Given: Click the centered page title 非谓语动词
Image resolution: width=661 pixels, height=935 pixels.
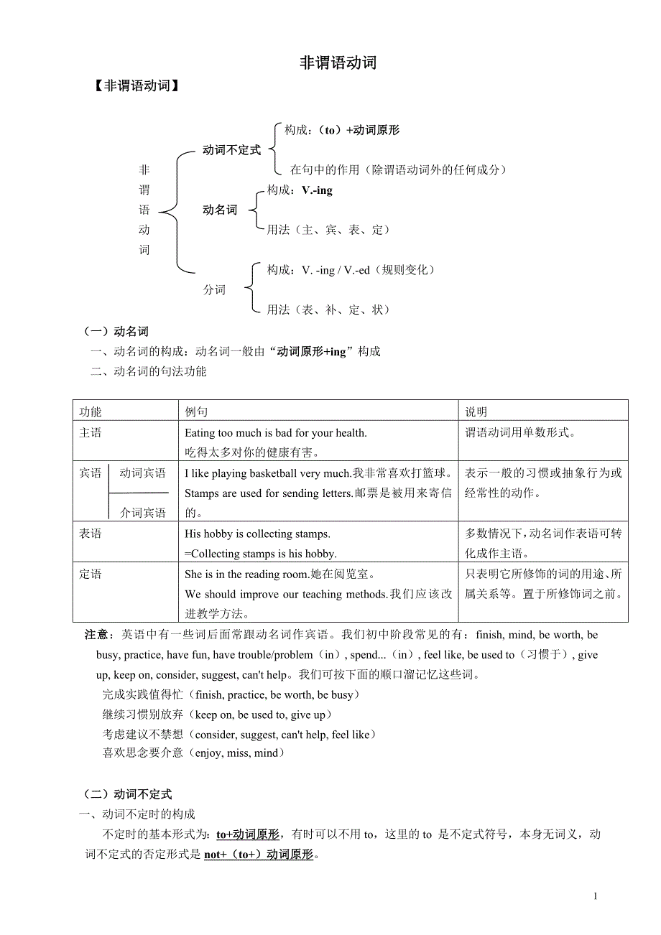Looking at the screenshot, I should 338,63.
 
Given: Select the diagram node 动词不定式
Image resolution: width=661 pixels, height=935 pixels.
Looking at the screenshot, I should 231,151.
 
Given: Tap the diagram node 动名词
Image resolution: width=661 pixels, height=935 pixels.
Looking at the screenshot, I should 220,210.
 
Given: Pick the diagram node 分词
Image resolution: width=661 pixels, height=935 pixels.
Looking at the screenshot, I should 214,290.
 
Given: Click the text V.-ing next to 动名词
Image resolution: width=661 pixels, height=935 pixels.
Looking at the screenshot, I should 317,190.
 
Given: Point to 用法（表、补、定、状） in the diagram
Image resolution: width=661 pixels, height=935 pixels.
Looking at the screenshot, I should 328,310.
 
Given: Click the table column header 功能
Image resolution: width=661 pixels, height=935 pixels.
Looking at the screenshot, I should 91,411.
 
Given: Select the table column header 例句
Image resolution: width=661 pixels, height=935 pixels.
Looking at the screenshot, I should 196,411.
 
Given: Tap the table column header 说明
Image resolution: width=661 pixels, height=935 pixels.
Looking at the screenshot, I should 476,411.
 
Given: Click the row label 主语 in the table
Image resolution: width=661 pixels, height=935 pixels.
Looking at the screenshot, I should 91,433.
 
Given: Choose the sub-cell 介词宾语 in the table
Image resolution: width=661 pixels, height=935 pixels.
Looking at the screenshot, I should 142,513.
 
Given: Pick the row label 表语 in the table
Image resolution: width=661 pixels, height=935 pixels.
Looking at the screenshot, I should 91,534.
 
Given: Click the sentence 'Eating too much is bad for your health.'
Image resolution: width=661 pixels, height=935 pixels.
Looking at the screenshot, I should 276,433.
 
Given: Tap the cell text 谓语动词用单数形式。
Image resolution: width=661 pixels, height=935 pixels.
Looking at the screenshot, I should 521,433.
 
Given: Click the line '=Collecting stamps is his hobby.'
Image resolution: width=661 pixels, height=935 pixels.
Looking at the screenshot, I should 261,554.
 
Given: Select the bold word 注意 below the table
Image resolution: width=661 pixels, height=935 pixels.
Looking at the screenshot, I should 96,635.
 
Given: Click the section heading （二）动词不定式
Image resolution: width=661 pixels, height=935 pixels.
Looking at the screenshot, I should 128,794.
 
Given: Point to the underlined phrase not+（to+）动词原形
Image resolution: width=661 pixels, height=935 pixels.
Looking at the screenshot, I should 259,855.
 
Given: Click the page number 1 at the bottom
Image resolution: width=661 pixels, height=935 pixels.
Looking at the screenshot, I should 595,896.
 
